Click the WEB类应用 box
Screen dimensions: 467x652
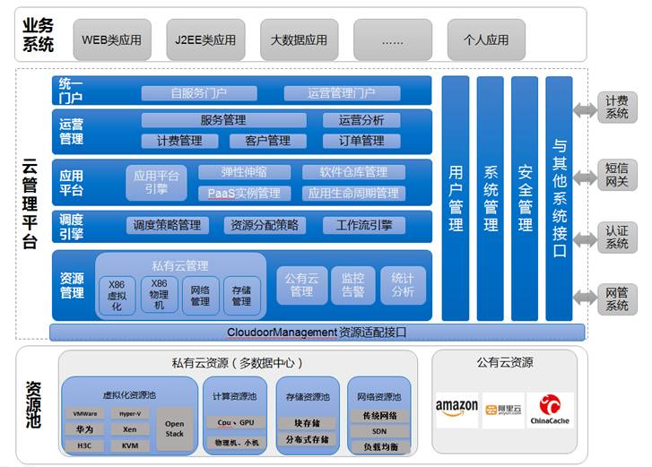pos(111,40)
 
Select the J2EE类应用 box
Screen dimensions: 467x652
pos(205,40)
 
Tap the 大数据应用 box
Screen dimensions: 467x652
pos(299,40)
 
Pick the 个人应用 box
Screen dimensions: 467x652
pos(485,40)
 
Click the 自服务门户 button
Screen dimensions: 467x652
pos(198,93)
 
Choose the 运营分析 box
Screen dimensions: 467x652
pos(362,120)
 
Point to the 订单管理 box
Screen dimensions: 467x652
pos(361,141)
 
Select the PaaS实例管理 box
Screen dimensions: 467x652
pos(244,193)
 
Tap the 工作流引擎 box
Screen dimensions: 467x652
pos(362,225)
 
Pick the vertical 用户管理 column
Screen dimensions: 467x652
pos(456,197)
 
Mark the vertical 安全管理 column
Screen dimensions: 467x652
pos(525,197)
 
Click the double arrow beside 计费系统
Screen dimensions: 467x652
pos(586,109)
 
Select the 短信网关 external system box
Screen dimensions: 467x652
pos(616,174)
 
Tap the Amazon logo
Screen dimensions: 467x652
pos(456,410)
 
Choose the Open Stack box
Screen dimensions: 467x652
pos(174,428)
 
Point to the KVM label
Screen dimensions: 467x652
pos(130,445)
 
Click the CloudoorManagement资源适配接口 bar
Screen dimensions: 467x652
pos(317,333)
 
